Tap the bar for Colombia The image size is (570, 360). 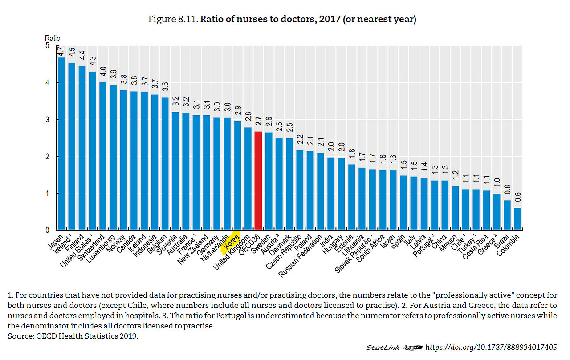(517, 219)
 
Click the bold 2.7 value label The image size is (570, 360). (258, 123)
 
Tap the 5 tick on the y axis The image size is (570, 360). (47, 46)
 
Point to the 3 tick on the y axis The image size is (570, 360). (47, 120)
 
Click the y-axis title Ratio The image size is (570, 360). (53, 38)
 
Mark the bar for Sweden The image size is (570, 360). (269, 181)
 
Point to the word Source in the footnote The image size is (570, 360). (18, 336)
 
